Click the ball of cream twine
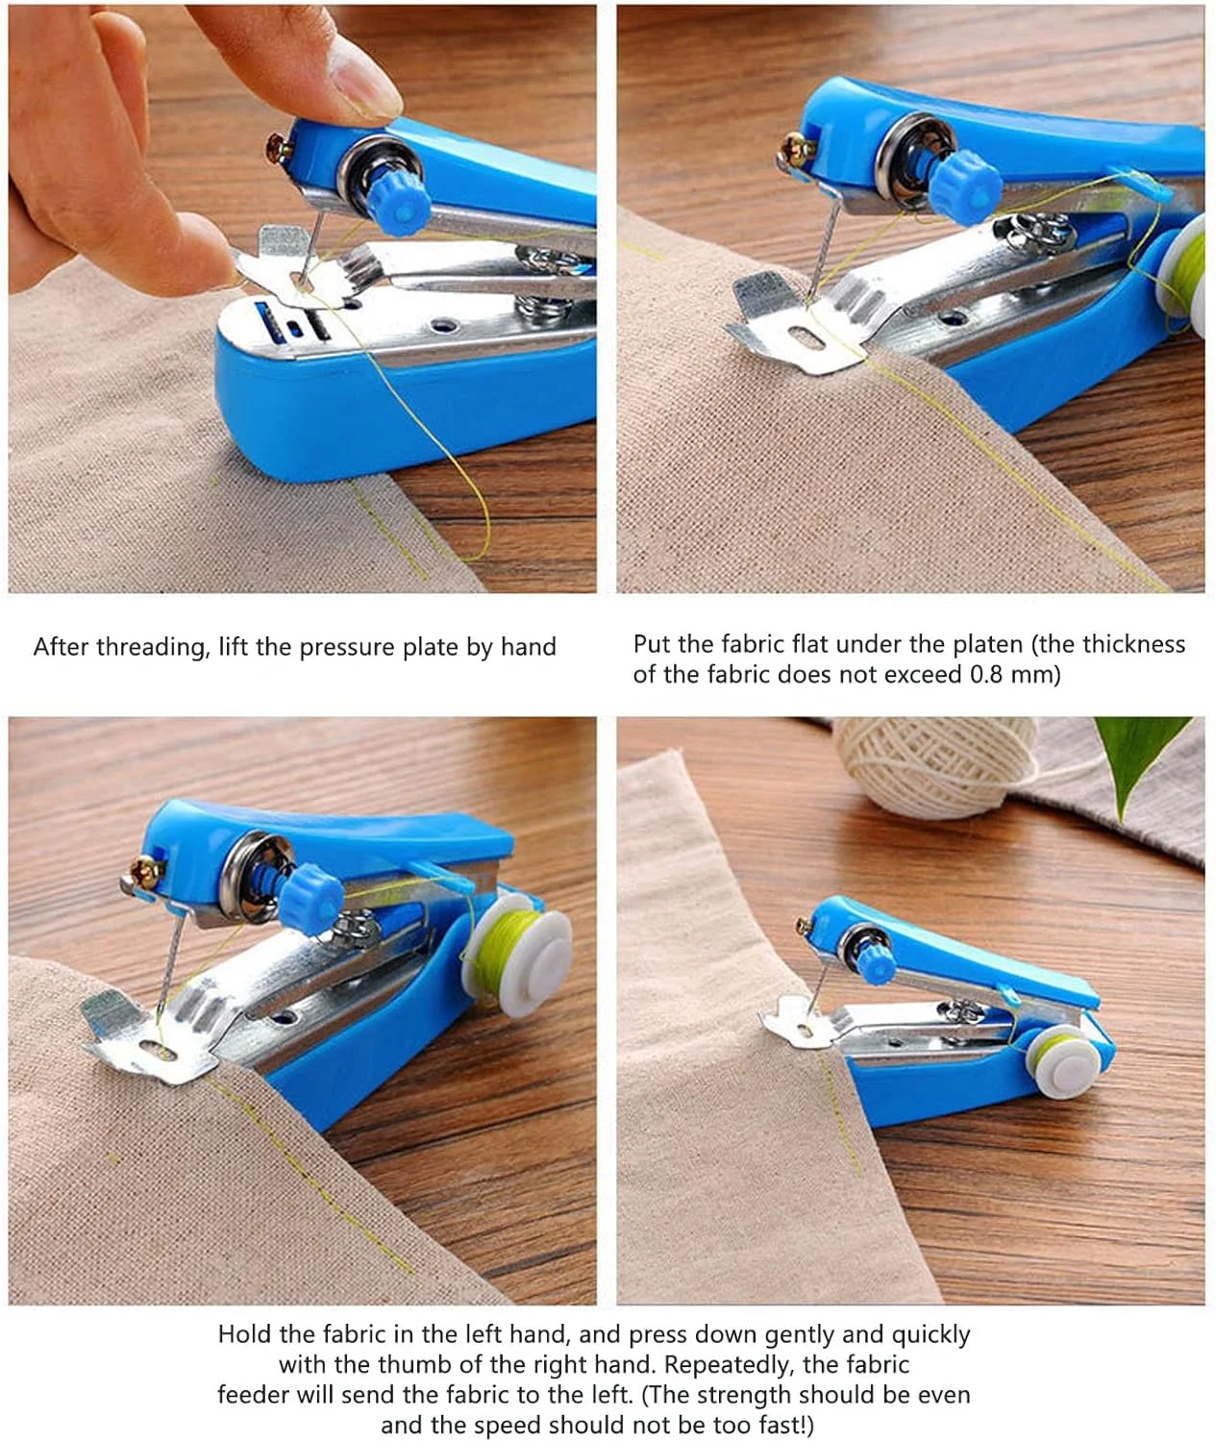[935, 765]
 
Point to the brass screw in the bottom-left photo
[147, 872]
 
